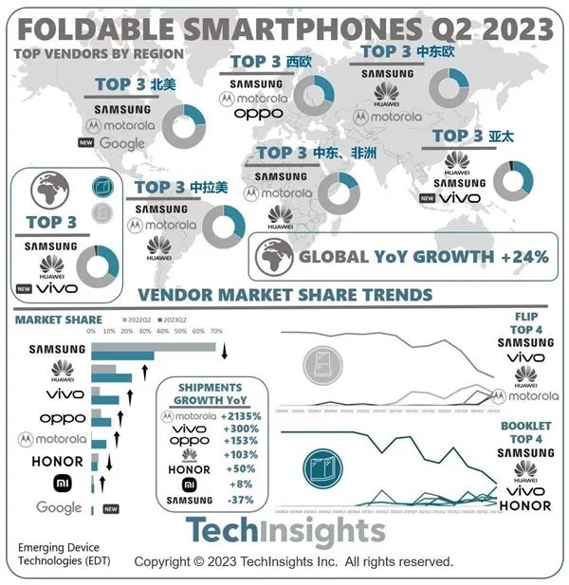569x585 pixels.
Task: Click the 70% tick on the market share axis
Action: click(216, 332)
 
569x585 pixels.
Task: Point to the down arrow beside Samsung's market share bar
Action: click(225, 354)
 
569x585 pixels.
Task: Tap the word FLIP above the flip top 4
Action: click(526, 314)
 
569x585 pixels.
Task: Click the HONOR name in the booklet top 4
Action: click(525, 505)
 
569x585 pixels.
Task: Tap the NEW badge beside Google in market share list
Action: click(110, 508)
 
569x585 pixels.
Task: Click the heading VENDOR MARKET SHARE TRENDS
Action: click(284, 295)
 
